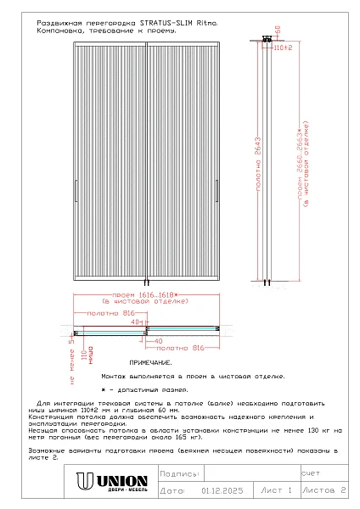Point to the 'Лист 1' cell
(x=277, y=490)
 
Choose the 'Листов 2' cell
(x=325, y=490)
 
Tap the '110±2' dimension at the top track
(x=283, y=48)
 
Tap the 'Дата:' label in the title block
(x=172, y=490)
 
